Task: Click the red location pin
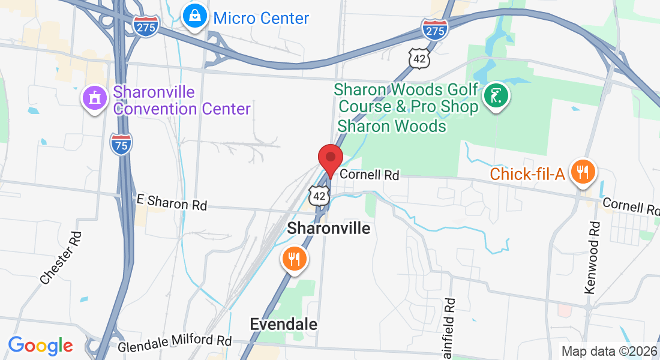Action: (330, 160)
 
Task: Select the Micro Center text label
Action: (261, 18)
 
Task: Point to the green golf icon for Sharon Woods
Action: (497, 95)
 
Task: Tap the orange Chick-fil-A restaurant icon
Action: (581, 172)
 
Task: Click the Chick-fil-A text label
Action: (527, 174)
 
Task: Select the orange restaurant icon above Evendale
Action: (293, 259)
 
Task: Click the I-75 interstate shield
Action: (121, 144)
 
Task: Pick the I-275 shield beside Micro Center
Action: (146, 27)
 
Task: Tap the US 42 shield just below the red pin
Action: (320, 195)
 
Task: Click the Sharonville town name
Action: (329, 228)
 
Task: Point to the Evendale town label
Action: (283, 325)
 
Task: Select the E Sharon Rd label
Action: (172, 203)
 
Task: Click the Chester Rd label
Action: (60, 259)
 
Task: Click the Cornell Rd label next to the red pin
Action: (370, 175)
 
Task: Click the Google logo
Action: (40, 346)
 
